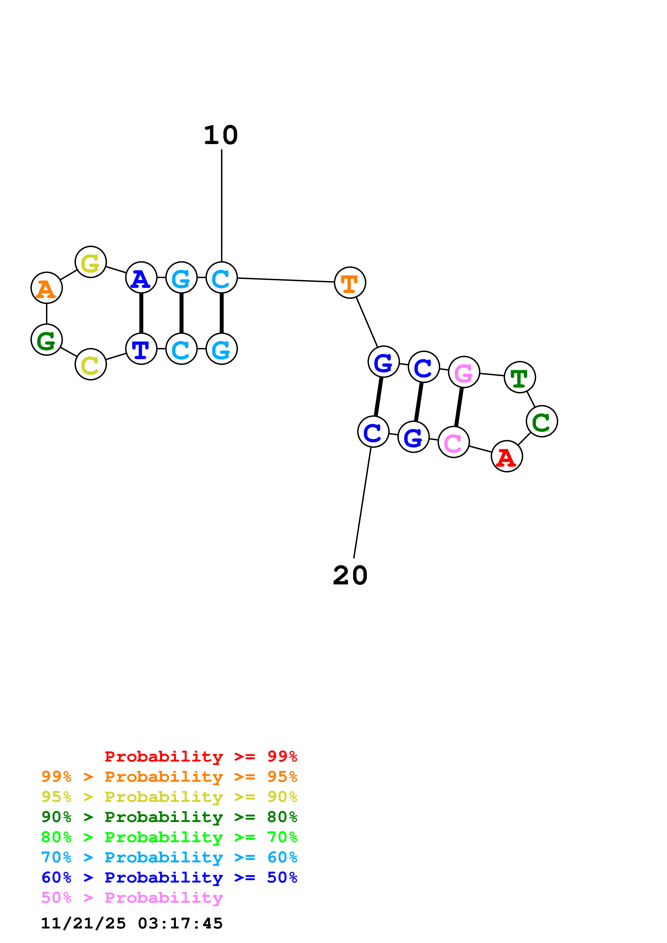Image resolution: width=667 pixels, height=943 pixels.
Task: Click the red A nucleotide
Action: click(x=506, y=456)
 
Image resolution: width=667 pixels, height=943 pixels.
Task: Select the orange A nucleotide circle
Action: click(x=47, y=288)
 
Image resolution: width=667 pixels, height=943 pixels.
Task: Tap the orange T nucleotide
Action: click(x=350, y=283)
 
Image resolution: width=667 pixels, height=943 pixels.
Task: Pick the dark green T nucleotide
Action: click(x=520, y=377)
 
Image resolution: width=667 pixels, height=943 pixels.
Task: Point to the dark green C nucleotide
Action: click(x=542, y=422)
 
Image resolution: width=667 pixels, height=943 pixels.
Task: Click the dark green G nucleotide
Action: click(x=47, y=340)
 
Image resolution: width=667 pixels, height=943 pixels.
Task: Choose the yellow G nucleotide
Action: click(x=90, y=262)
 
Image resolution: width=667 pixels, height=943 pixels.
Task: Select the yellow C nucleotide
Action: click(x=90, y=364)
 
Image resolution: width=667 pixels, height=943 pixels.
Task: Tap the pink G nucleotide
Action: click(x=464, y=372)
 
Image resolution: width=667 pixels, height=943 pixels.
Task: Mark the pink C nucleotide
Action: click(x=454, y=442)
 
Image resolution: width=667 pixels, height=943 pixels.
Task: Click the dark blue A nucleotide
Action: click(x=141, y=278)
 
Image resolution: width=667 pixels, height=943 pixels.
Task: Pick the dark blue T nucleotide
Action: click(x=141, y=349)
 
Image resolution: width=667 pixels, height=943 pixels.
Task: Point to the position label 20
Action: click(x=350, y=576)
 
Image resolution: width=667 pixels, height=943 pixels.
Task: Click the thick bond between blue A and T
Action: click(x=141, y=313)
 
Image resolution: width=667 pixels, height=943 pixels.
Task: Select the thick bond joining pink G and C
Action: click(x=459, y=407)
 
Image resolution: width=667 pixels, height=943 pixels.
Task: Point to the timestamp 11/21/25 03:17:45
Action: click(x=132, y=923)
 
